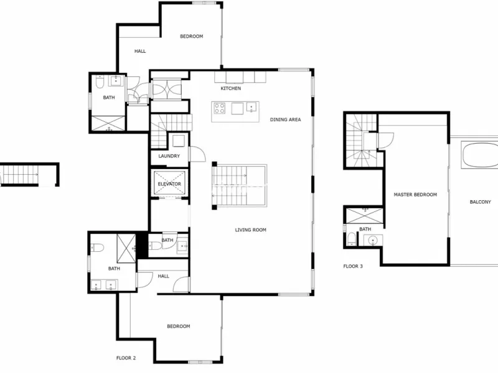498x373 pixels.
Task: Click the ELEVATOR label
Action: pos(169,184)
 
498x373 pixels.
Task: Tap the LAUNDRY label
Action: pos(169,156)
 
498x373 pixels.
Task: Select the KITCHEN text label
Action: pos(230,88)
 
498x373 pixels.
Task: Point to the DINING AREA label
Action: pos(285,119)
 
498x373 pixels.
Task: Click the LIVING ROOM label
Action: pos(251,230)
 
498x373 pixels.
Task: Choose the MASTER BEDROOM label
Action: pos(415,195)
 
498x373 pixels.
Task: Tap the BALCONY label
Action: pos(480,202)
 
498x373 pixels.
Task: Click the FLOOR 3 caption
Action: pos(353,267)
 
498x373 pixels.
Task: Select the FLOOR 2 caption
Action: pos(126,358)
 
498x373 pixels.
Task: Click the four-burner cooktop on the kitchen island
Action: pos(220,108)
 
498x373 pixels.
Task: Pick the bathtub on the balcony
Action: pos(480,155)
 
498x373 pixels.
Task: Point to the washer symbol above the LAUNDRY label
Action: pos(179,141)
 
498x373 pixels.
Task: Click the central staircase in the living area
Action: pos(240,185)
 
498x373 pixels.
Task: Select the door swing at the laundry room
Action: pos(197,154)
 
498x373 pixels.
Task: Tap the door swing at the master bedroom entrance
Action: pos(385,140)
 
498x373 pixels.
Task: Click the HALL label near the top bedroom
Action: pos(140,51)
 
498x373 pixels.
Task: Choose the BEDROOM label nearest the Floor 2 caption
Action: pos(179,326)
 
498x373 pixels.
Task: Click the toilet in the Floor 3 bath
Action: pos(352,239)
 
